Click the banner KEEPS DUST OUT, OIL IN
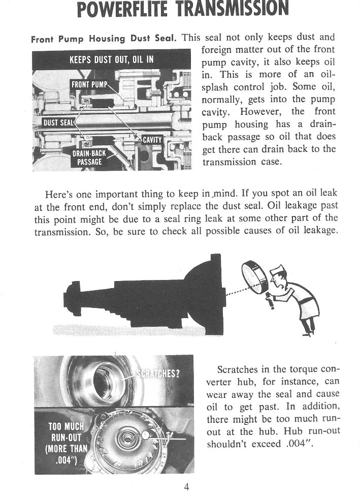[111, 59]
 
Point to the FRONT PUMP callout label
[90, 84]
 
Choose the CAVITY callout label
[151, 140]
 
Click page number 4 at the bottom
[186, 487]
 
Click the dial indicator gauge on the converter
[145, 435]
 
